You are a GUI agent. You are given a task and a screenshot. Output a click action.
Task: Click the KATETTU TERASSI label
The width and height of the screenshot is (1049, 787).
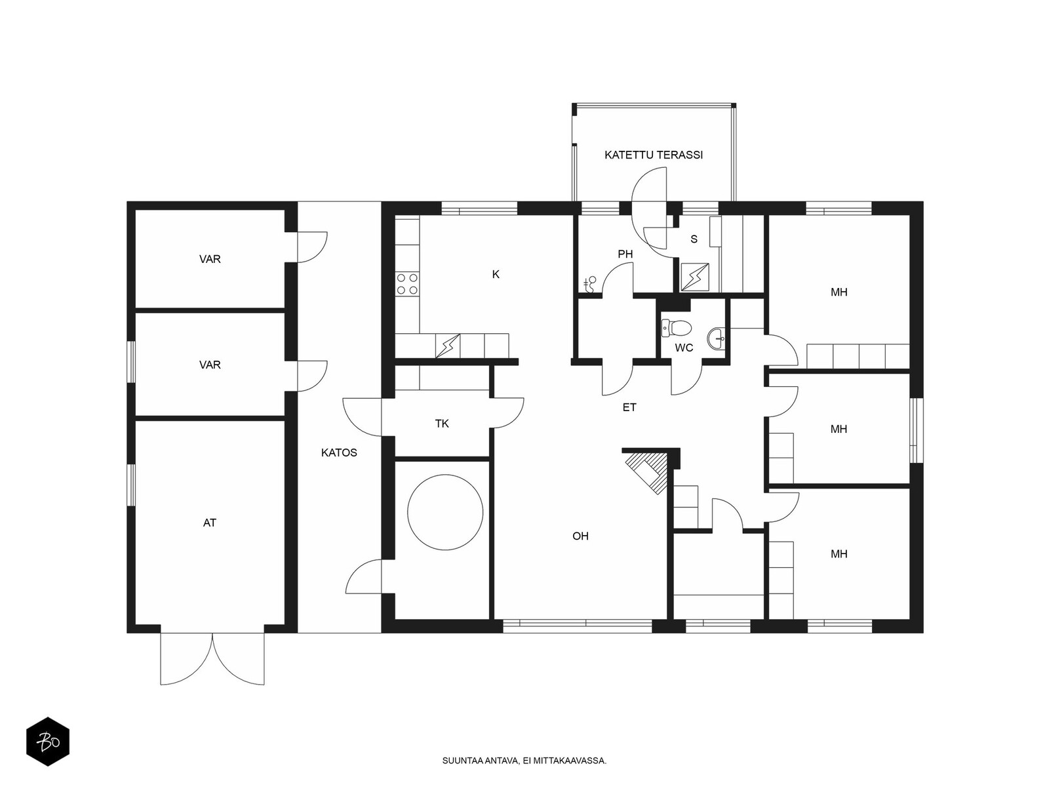click(653, 155)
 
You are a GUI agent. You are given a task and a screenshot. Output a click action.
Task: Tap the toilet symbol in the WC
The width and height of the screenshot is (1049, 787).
click(676, 328)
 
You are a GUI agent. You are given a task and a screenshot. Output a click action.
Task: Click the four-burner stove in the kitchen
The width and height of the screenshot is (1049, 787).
click(407, 283)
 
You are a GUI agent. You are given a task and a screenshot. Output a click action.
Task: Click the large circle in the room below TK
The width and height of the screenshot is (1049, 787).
click(445, 512)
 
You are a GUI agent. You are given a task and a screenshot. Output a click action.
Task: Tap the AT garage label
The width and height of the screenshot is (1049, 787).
click(210, 523)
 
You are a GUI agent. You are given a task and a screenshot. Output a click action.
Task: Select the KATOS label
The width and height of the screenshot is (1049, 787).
click(339, 453)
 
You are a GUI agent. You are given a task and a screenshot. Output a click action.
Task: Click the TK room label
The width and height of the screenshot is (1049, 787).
click(442, 424)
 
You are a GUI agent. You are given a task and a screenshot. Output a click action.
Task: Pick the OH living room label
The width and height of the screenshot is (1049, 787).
click(580, 536)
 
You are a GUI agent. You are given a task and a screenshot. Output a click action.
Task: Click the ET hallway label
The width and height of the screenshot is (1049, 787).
click(629, 407)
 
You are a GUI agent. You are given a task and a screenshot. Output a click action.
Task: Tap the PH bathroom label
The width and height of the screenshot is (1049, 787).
click(625, 254)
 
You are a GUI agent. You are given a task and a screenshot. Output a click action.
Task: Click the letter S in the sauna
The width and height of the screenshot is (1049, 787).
click(694, 239)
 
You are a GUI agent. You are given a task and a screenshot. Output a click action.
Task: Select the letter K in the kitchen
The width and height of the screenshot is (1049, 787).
click(496, 274)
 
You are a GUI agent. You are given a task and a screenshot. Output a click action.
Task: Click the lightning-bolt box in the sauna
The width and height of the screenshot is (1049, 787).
click(695, 277)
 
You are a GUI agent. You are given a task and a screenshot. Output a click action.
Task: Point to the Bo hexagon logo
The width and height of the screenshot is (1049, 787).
click(48, 742)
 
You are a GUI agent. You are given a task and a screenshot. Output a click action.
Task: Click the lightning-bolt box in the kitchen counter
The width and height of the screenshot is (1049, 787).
click(448, 346)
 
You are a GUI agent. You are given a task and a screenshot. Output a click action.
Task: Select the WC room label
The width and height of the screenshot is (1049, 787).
click(684, 348)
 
